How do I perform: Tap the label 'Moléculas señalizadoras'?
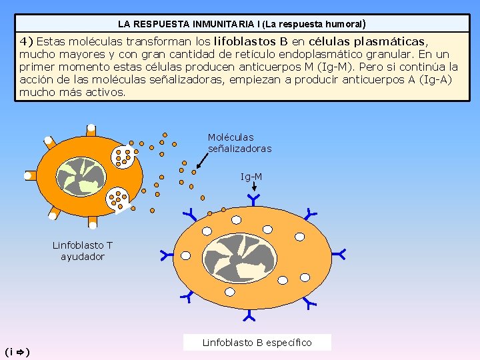[x=239, y=143]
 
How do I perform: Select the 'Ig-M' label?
[x=251, y=177]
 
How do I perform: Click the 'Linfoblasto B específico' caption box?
[x=257, y=343]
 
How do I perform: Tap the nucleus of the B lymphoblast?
[x=239, y=254]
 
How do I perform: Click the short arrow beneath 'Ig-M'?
[x=253, y=189]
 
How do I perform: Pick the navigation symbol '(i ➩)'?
[x=17, y=351]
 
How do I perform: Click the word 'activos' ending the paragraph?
[x=106, y=92]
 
